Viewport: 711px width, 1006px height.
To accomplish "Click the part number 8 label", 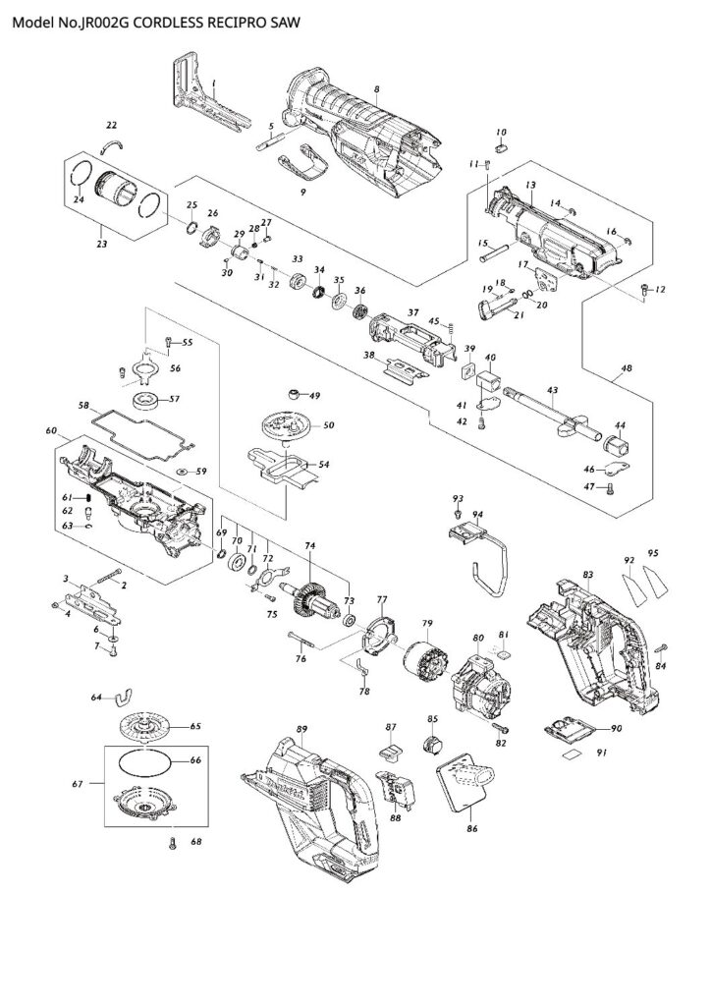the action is click(x=377, y=88).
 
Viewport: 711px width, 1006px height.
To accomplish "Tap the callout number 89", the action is click(x=301, y=730).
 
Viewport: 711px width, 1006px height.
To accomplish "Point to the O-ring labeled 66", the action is click(x=145, y=762).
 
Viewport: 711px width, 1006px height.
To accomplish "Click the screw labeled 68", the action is click(x=172, y=844).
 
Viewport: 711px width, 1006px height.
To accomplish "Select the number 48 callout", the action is click(x=627, y=368).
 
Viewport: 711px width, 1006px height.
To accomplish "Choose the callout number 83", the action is click(x=588, y=574).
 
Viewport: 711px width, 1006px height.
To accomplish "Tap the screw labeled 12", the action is click(x=644, y=290).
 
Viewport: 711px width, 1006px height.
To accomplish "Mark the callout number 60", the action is click(x=51, y=430).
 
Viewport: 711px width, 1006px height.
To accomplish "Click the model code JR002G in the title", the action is click(x=110, y=24).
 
